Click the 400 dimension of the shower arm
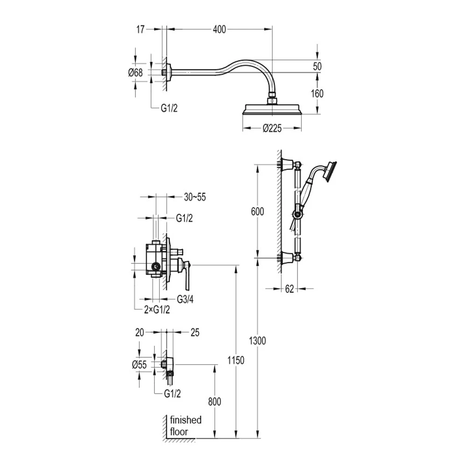point(219,29)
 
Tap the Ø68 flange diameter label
point(135,72)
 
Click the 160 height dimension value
point(317,93)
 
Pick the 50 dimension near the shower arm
point(317,66)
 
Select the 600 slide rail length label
point(257,212)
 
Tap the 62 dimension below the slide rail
point(289,289)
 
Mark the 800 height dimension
point(214,402)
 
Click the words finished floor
point(185,425)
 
